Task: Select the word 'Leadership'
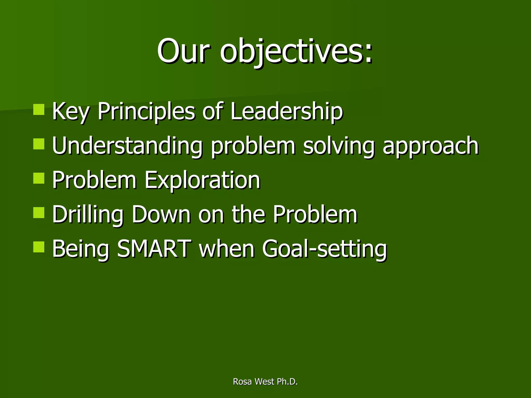coord(287,112)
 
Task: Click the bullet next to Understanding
coord(39,144)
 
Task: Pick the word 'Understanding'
coord(127,146)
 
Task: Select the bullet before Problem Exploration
coord(39,178)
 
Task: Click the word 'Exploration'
coord(202,181)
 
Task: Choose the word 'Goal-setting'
coord(324,250)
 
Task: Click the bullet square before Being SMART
coord(39,247)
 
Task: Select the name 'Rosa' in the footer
coord(242,382)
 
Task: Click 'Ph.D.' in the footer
coord(287,382)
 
